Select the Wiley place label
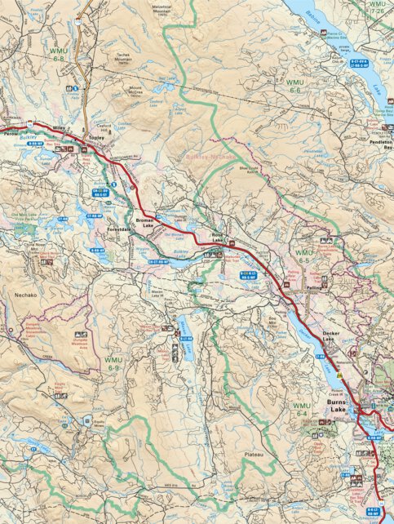click(59, 127)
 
